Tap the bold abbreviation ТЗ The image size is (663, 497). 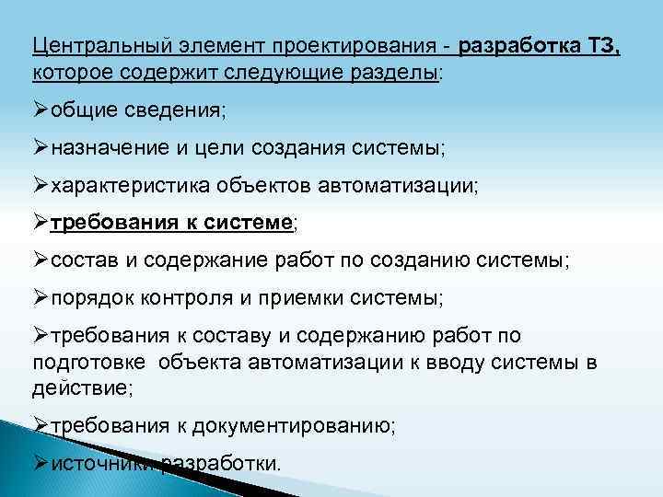pyautogui.click(x=600, y=45)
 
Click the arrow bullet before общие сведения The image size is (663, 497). pyautogui.click(x=41, y=110)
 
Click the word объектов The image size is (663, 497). pyautogui.click(x=265, y=185)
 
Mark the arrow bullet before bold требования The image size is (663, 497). pyautogui.click(x=41, y=222)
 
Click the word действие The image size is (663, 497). pyautogui.click(x=79, y=387)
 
